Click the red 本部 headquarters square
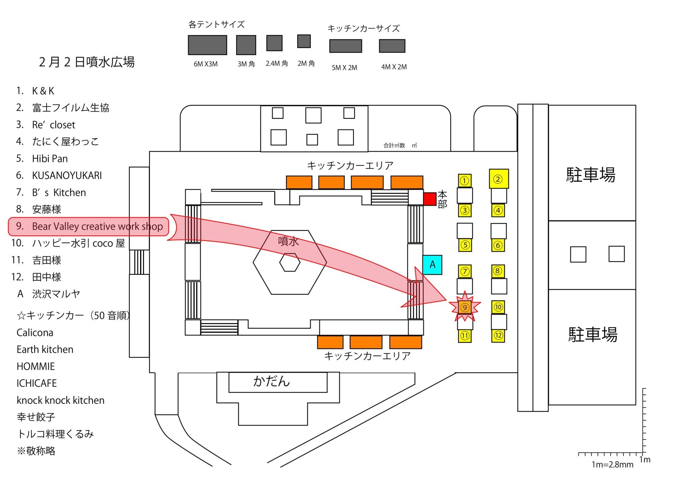[x=429, y=199]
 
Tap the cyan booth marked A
[x=432, y=265]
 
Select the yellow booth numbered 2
[x=499, y=179]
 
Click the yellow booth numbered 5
[x=465, y=245]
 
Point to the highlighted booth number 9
[x=465, y=308]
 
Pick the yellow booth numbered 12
[x=498, y=335]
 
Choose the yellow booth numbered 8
[x=498, y=271]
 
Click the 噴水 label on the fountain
[x=288, y=241]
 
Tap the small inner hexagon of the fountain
[x=290, y=263]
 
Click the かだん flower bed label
[x=271, y=381]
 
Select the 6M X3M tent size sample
[x=207, y=45]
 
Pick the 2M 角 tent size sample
[x=304, y=41]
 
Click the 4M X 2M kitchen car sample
[x=392, y=46]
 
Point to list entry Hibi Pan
[x=50, y=159]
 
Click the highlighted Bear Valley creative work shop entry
[x=97, y=227]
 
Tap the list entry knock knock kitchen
[x=60, y=400]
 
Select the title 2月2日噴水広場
[x=87, y=62]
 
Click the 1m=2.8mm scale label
[x=612, y=464]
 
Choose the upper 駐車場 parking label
[x=590, y=175]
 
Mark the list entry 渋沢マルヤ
[x=56, y=294]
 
